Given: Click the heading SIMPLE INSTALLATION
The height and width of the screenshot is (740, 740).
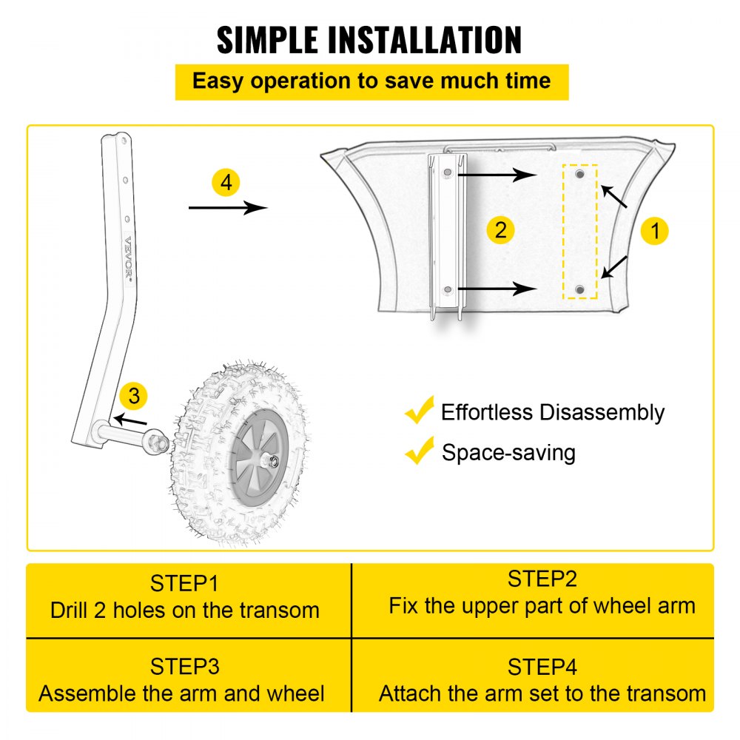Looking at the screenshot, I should click(x=369, y=40).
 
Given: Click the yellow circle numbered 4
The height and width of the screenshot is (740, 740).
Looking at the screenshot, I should click(x=226, y=183).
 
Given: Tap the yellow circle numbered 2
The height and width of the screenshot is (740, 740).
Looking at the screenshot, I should click(x=501, y=229).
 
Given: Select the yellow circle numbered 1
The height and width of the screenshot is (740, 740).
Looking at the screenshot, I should click(x=654, y=231).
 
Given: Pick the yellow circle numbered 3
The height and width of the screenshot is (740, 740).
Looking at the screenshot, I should click(x=133, y=396).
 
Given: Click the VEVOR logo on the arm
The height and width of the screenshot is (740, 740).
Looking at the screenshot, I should click(x=128, y=259).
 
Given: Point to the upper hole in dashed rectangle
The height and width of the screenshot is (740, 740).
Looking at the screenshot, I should click(x=579, y=174).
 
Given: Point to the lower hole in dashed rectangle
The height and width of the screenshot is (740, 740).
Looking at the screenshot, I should click(x=579, y=289).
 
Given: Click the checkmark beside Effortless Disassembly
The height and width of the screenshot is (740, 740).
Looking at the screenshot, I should click(x=420, y=410).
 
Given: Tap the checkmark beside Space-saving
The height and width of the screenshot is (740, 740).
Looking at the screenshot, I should click(x=420, y=450).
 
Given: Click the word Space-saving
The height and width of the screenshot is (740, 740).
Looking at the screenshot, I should click(x=508, y=452).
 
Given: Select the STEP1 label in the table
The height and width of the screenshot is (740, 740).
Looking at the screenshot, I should click(x=185, y=583).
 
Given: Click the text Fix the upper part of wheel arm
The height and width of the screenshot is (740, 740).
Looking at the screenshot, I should click(x=542, y=606).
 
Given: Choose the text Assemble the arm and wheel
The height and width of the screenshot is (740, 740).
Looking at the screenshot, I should click(x=181, y=693).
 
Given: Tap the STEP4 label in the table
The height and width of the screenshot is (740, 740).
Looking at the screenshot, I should click(x=542, y=667).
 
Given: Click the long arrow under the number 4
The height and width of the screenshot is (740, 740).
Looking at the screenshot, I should click(x=227, y=208).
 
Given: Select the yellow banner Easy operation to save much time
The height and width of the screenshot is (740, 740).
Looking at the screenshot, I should click(x=371, y=81).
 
